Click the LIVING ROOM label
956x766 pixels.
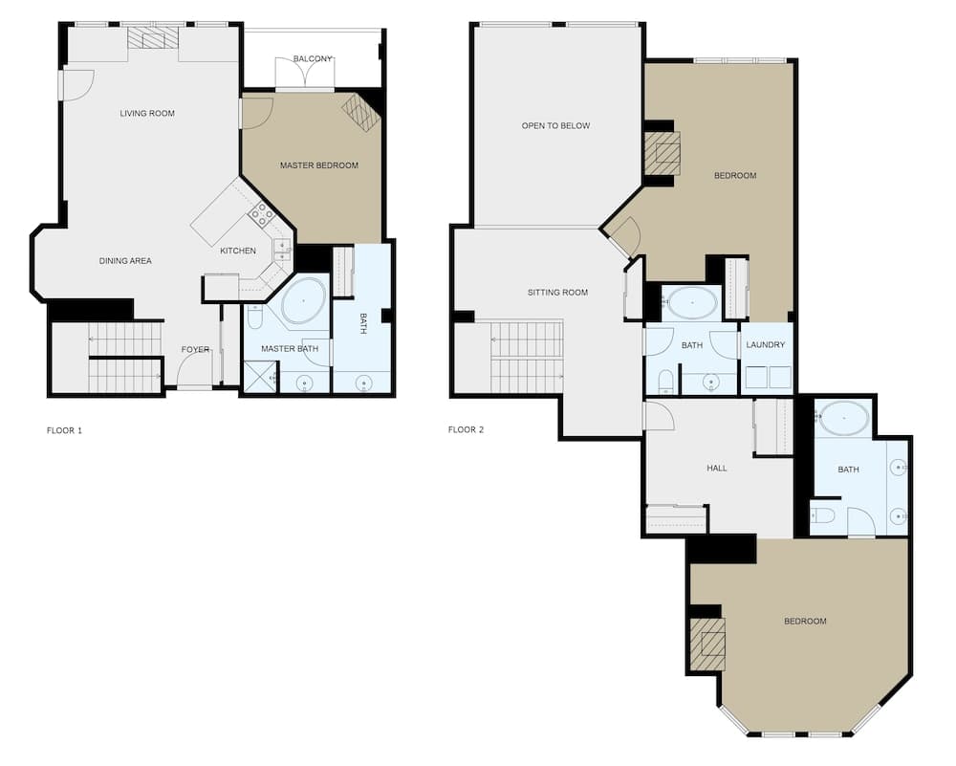click(x=147, y=114)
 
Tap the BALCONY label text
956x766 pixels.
click(x=313, y=59)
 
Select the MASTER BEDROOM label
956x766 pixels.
click(x=318, y=165)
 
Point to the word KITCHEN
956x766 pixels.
click(x=238, y=251)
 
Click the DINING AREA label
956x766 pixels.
click(x=125, y=261)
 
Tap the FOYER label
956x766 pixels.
click(x=195, y=350)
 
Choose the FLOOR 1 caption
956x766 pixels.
click(x=65, y=430)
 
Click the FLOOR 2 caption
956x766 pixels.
click(x=466, y=430)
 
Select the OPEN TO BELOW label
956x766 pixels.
click(x=555, y=126)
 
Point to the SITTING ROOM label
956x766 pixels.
click(x=557, y=293)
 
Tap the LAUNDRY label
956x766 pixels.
click(x=766, y=345)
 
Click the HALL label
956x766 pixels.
click(x=716, y=469)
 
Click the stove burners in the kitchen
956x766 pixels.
click(x=261, y=214)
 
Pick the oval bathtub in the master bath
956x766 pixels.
click(x=303, y=300)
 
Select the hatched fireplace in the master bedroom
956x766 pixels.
click(x=361, y=112)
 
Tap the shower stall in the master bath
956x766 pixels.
click(x=259, y=377)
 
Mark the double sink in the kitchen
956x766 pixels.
click(x=283, y=250)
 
